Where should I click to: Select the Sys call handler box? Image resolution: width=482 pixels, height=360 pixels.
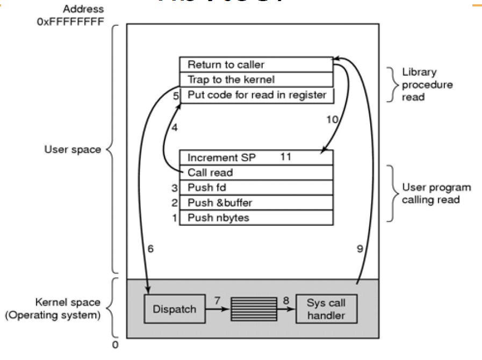pos(326,309)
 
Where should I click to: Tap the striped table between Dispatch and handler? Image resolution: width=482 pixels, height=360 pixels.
pos(254,309)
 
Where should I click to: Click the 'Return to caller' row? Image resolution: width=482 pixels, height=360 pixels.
pos(256,64)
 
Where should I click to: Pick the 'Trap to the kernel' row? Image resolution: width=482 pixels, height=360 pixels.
pos(256,80)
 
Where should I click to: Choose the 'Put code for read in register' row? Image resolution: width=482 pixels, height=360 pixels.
pos(256,95)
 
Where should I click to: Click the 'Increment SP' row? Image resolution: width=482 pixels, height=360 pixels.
pos(256,157)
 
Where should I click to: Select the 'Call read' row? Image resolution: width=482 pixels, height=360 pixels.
pos(256,172)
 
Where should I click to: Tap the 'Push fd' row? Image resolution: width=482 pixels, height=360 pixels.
pos(256,188)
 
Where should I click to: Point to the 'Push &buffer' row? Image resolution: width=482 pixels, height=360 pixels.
pos(256,203)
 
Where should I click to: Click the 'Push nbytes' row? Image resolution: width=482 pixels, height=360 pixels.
pos(256,218)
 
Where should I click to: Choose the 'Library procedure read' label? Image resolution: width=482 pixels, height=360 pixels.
pos(427,84)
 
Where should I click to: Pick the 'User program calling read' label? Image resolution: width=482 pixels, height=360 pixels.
pos(436,193)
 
